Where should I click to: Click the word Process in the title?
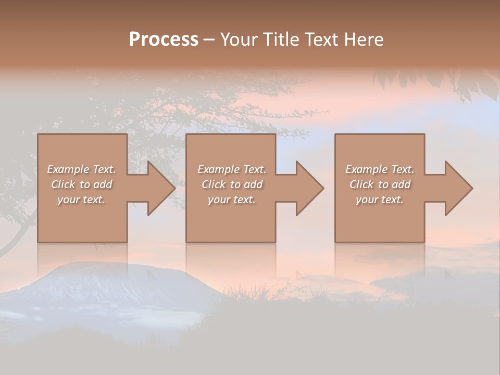[164, 40]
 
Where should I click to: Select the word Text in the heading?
[321, 40]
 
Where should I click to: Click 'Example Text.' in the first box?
[81, 169]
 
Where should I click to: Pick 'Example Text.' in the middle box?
[232, 169]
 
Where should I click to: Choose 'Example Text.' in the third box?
[380, 169]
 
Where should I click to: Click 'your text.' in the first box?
[81, 199]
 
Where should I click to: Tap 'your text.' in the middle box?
[232, 199]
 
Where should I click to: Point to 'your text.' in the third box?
[380, 199]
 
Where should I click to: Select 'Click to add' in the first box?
[81, 184]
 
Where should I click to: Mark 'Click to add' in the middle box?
[232, 184]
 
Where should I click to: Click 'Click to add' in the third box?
[380, 184]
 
